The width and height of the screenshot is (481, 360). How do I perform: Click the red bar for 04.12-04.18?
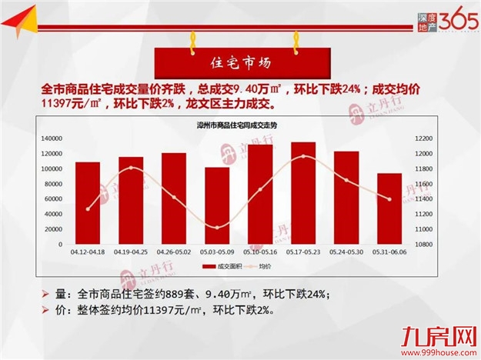click(87, 203)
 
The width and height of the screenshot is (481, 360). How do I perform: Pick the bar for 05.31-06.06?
click(389, 208)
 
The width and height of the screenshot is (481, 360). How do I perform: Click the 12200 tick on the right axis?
click(425, 138)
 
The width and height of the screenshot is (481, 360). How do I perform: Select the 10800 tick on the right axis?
click(425, 244)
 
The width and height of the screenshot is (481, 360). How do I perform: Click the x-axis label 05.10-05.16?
click(259, 252)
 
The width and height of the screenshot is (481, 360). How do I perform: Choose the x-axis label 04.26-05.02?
click(173, 252)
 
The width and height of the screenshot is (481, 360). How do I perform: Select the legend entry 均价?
click(264, 266)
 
